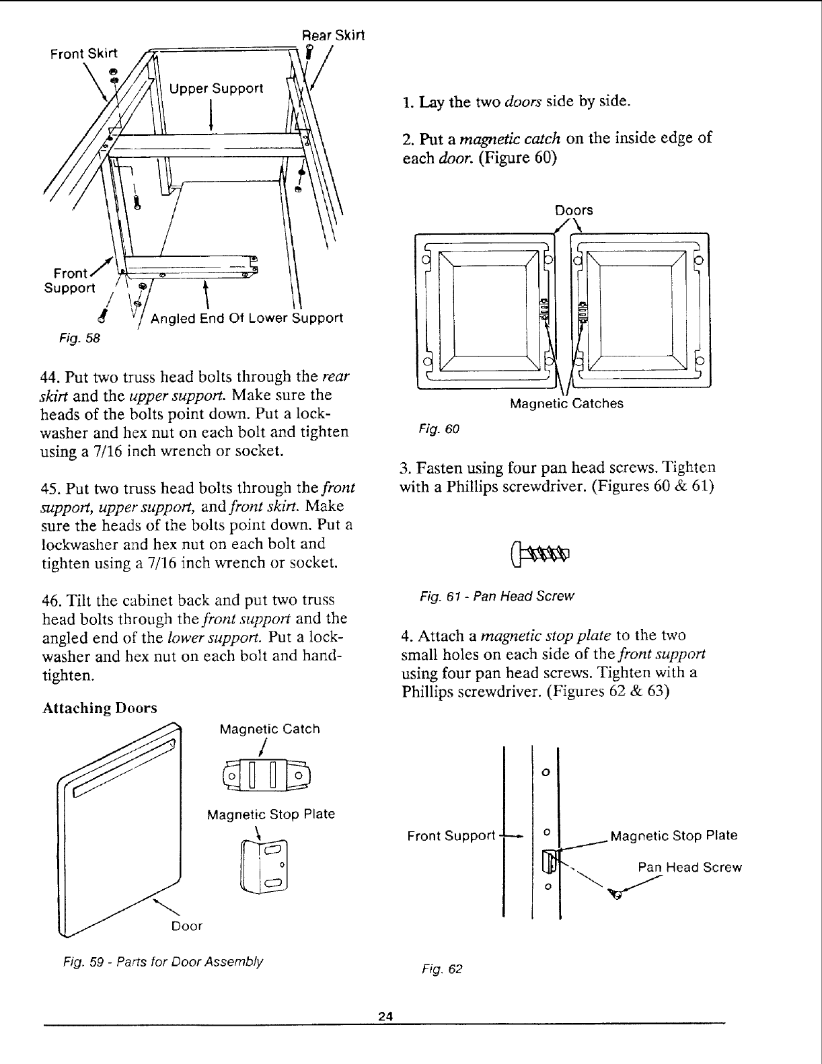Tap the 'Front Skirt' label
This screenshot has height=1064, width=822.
(83, 54)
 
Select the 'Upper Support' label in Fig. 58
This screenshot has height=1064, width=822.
(216, 89)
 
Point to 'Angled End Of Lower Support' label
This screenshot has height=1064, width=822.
(246, 318)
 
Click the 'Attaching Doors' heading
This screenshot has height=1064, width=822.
(100, 708)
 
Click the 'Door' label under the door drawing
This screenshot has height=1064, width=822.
(186, 926)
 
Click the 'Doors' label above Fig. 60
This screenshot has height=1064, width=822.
(574, 210)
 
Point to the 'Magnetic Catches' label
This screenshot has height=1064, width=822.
(566, 404)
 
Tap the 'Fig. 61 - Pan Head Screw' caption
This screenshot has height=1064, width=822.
(496, 597)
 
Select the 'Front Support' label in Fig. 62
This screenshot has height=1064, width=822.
(451, 836)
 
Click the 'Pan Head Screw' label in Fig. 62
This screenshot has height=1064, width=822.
(689, 868)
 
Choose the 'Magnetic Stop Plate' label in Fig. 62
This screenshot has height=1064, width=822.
(673, 836)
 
